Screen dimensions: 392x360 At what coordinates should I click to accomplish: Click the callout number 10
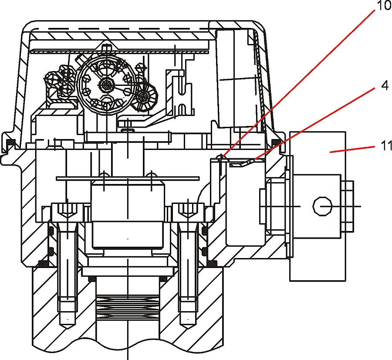383,6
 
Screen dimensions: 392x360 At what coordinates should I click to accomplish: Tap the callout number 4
385,85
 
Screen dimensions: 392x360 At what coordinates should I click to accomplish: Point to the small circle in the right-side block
322,206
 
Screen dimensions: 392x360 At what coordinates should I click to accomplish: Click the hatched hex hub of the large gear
107,85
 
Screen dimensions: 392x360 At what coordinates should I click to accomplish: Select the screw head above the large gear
107,47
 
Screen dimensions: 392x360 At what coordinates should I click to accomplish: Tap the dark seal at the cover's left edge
11,142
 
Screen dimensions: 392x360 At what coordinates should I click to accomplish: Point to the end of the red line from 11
330,152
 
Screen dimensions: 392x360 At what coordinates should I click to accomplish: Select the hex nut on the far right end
348,206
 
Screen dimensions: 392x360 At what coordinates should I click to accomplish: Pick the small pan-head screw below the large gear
128,130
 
